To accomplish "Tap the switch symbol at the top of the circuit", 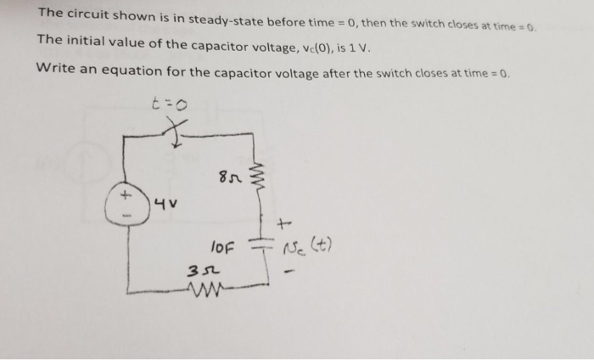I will point(177,132).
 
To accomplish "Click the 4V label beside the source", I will point(167,205).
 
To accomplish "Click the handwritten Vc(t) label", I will point(315,248).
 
